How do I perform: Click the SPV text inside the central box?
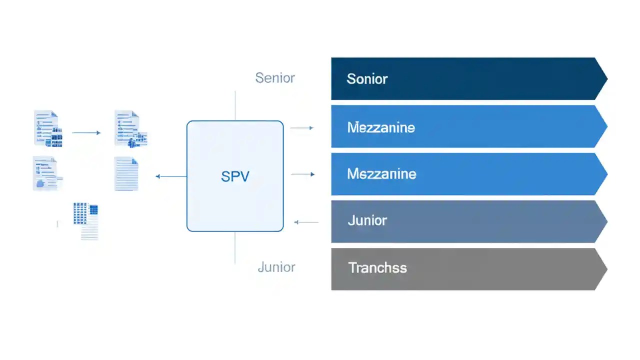pyautogui.click(x=234, y=176)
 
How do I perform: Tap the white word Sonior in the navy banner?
pyautogui.click(x=367, y=79)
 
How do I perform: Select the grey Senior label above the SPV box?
pyautogui.click(x=275, y=78)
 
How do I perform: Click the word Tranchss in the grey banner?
pyautogui.click(x=377, y=268)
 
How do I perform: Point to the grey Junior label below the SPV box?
pyautogui.click(x=276, y=267)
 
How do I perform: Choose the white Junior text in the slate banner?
pyautogui.click(x=367, y=220)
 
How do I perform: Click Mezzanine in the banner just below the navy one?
pyautogui.click(x=381, y=127)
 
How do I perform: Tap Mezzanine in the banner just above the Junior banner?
pyautogui.click(x=381, y=174)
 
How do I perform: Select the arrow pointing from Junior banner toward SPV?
pyautogui.click(x=306, y=222)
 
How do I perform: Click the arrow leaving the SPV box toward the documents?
pyautogui.click(x=171, y=176)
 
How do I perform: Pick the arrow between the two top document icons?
pyautogui.click(x=86, y=133)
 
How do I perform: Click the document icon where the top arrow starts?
pyautogui.click(x=48, y=129)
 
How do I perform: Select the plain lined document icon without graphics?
pyautogui.click(x=126, y=173)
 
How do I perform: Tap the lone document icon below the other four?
pyautogui.click(x=86, y=220)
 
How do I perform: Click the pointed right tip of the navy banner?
pyautogui.click(x=604, y=79)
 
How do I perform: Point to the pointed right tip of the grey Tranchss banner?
pyautogui.click(x=604, y=269)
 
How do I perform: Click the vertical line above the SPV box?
pyautogui.click(x=235, y=105)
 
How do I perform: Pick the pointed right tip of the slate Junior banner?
pyautogui.click(x=604, y=221)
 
